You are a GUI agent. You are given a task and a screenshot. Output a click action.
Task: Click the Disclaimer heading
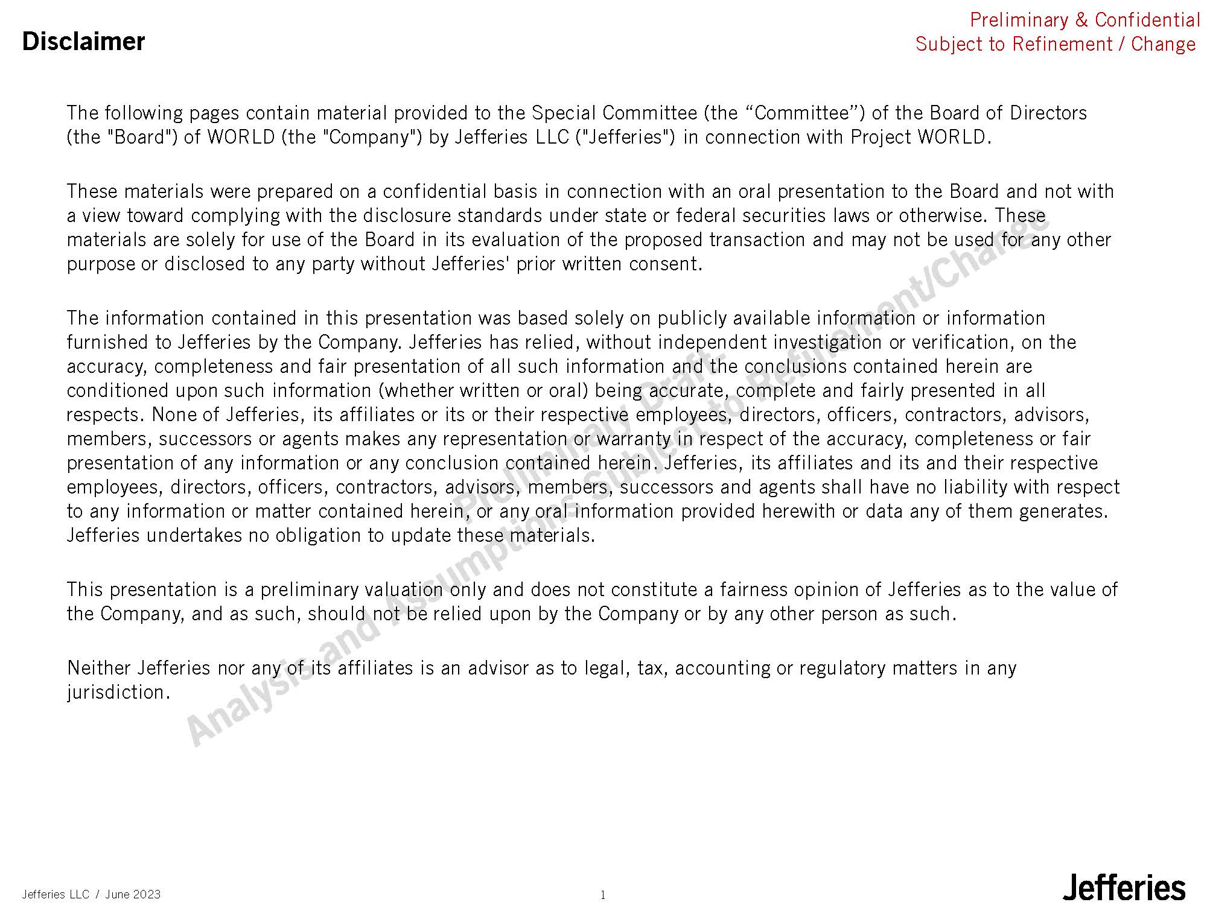(x=83, y=42)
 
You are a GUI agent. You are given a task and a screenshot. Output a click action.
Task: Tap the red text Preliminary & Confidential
(x=1084, y=20)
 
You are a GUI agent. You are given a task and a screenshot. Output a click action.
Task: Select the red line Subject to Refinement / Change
(x=1056, y=44)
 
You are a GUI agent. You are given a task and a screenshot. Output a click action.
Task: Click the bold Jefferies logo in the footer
(x=1124, y=888)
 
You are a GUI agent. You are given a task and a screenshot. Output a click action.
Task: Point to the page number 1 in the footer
(x=602, y=895)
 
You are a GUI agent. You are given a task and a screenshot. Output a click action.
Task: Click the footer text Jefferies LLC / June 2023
(x=91, y=894)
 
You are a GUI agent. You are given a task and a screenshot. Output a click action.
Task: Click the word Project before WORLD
(x=881, y=138)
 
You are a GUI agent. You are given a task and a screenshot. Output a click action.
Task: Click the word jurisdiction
(x=116, y=692)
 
